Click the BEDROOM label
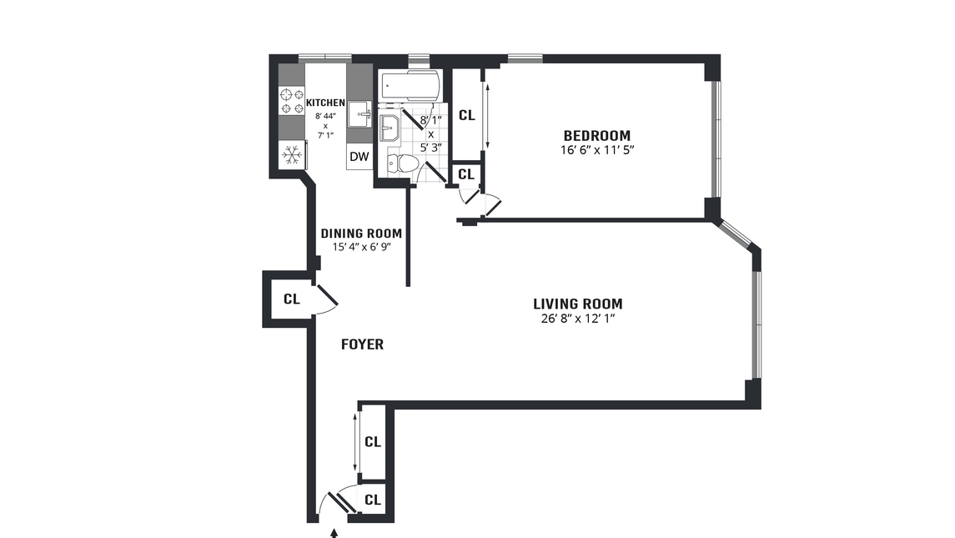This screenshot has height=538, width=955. pyautogui.click(x=596, y=136)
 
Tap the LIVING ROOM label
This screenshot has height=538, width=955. pyautogui.click(x=577, y=304)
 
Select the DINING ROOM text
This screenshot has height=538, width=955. pyautogui.click(x=361, y=234)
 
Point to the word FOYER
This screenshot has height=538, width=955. pyautogui.click(x=363, y=344)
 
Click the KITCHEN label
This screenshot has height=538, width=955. pyautogui.click(x=325, y=103)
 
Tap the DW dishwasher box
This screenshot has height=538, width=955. pyautogui.click(x=359, y=156)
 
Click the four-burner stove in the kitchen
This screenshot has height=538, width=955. pyautogui.click(x=292, y=101)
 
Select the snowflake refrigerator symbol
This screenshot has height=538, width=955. pyautogui.click(x=292, y=154)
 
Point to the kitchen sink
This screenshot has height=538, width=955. pyautogui.click(x=359, y=113)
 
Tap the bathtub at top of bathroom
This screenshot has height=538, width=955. pyautogui.click(x=409, y=85)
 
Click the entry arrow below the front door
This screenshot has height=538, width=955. pyautogui.click(x=335, y=531)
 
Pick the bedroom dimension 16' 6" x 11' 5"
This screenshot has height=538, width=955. pyautogui.click(x=596, y=152)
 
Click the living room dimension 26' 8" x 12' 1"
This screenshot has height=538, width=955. pyautogui.click(x=577, y=319)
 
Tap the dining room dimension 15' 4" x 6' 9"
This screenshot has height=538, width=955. pyautogui.click(x=361, y=247)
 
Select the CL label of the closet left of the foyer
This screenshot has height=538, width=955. pyautogui.click(x=291, y=299)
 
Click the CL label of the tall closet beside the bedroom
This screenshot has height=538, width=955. pyautogui.click(x=466, y=115)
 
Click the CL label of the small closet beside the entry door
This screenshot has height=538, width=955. pyautogui.click(x=373, y=500)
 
